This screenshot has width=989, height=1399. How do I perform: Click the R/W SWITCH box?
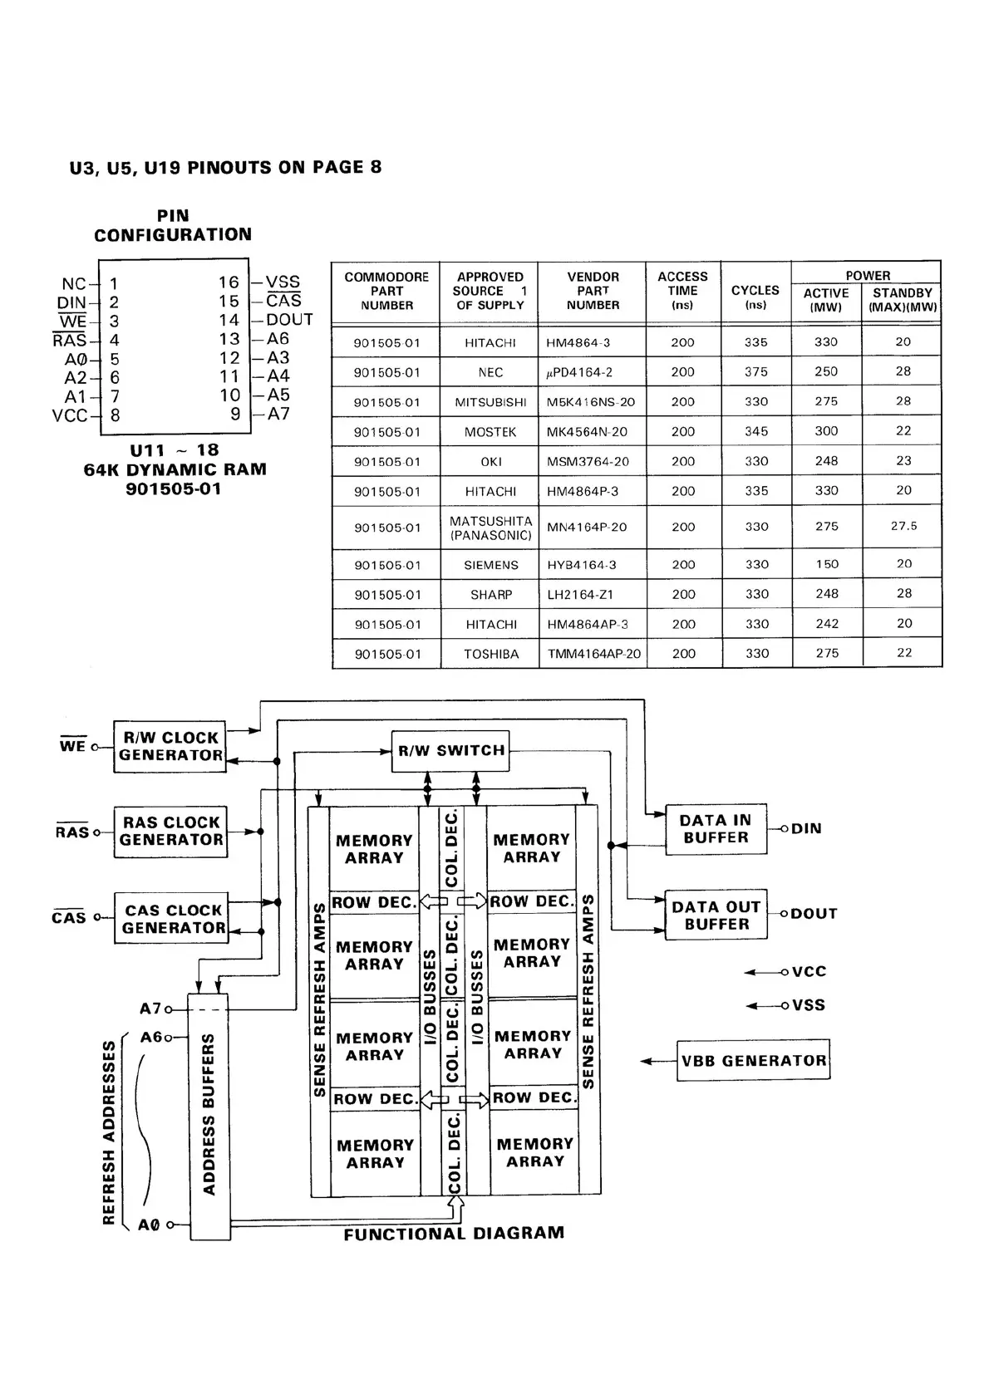point(450,751)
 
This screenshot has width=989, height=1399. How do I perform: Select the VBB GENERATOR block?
point(753,1060)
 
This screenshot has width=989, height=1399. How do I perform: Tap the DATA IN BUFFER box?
point(716,829)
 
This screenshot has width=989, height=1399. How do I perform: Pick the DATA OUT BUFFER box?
point(716,915)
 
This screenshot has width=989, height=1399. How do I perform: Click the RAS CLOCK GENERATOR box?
point(170,832)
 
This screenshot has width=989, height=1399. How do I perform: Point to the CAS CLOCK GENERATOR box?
point(172,919)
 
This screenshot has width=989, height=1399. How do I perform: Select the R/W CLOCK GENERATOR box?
point(170,747)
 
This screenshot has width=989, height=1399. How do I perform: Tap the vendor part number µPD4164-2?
point(579,372)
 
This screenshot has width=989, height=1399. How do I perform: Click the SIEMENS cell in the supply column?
point(491,565)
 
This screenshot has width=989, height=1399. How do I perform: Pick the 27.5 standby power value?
point(903,527)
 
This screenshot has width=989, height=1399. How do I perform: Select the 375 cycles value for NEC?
point(756,372)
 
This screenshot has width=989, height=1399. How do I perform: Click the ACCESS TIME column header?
point(682,290)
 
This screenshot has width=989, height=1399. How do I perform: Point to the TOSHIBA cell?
point(491,655)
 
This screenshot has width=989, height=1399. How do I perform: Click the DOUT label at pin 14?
point(290,320)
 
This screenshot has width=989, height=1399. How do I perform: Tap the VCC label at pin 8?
point(70,415)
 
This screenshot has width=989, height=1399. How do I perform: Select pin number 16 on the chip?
point(229,282)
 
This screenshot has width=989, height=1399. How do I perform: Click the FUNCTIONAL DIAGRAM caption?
point(454,1234)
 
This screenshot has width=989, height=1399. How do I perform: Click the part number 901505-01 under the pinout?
point(174,489)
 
